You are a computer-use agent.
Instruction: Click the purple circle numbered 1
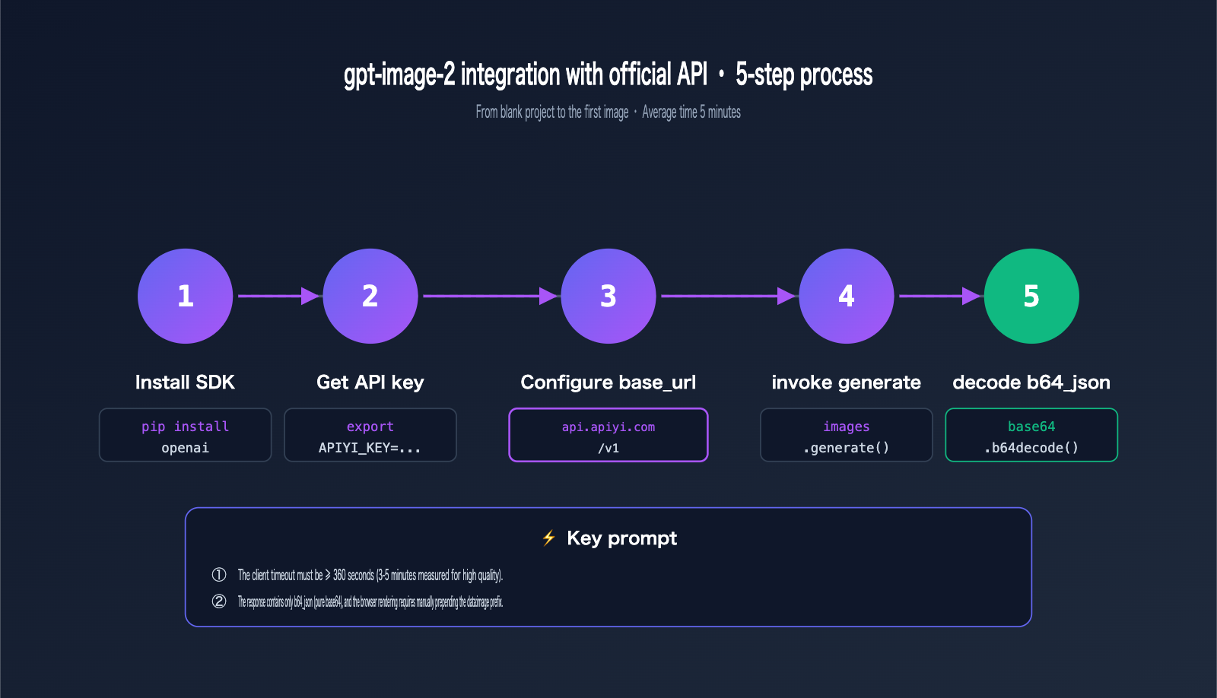point(185,296)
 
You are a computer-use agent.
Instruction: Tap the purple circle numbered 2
point(370,296)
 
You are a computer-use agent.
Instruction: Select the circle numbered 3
point(608,296)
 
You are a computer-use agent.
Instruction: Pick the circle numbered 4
point(847,296)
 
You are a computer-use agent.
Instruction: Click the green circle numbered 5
point(1031,296)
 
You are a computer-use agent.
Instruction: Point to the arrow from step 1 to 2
point(278,296)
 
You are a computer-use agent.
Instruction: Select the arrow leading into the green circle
point(939,296)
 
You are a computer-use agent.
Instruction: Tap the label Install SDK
point(185,382)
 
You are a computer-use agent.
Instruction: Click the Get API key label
point(370,382)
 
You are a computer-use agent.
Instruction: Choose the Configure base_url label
point(608,382)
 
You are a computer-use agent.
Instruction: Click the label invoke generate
point(846,382)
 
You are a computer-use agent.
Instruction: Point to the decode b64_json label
point(1031,382)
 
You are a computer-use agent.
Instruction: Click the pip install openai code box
point(185,435)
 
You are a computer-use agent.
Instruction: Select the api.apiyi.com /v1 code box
point(608,435)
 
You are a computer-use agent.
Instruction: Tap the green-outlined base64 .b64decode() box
point(1031,435)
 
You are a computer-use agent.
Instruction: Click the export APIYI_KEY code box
point(370,435)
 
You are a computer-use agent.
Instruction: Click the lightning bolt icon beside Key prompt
point(548,538)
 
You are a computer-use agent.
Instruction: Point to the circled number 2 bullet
point(219,601)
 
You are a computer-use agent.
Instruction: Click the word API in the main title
point(691,75)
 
